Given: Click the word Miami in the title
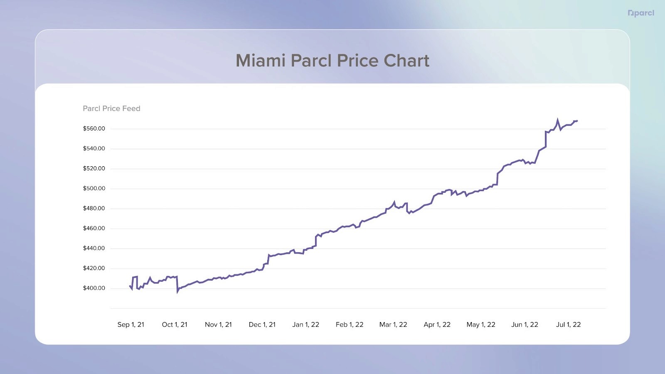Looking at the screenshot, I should coord(261,61).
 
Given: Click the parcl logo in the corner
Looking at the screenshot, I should coord(641,13).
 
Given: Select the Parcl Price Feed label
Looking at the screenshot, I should coord(111,108).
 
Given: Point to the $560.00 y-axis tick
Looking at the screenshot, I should coord(94,128).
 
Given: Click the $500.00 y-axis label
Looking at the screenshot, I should coord(94,188).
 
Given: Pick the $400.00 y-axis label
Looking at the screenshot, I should coord(94,288).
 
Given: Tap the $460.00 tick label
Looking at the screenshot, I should coord(94,228).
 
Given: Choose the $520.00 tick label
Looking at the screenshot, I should coord(94,168).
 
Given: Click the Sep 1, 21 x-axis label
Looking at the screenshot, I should coord(131,325).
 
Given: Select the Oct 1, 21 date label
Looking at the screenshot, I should coord(175,325).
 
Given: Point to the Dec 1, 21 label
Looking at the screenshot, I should coord(262,325).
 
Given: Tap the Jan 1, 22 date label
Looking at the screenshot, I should coord(305,325).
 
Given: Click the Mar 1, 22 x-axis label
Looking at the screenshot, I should coord(393,325).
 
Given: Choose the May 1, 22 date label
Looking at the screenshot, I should coord(481,325).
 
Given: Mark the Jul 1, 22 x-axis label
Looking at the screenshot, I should coord(568,325).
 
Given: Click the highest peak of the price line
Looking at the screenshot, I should coord(557,120).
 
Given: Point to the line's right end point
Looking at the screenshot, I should coord(577,121).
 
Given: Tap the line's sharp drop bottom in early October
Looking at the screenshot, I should coord(177,292).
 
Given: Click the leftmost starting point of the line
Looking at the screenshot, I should coord(130,286).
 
